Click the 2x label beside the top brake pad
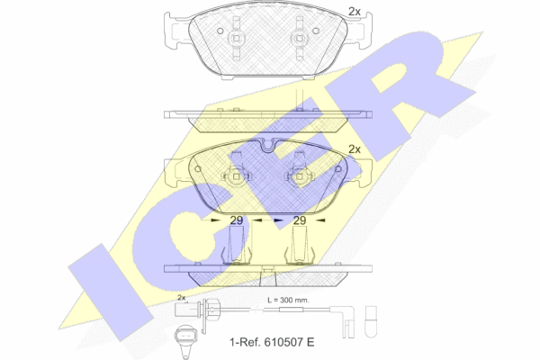tap(355, 12)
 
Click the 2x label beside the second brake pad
tap(355, 149)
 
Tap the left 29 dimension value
tap(236, 220)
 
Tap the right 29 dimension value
tap(300, 220)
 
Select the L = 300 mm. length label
tap(289, 300)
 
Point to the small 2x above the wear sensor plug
tap(182, 297)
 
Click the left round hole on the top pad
tap(220, 31)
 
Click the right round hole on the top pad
tap(316, 31)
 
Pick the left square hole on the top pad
tap(236, 39)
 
